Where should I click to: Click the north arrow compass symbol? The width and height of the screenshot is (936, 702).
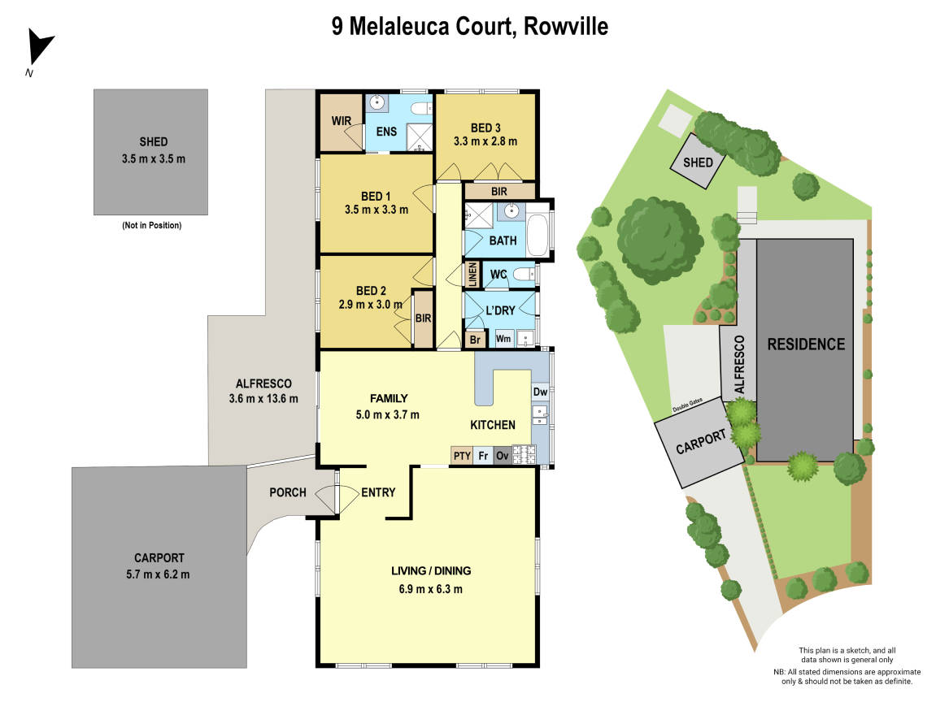pos(39,49)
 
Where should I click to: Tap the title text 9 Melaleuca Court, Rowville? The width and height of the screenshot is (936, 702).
pos(469,27)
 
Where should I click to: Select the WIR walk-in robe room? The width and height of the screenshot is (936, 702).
pos(341,122)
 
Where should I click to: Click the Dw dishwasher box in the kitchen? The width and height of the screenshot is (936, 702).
pos(540,392)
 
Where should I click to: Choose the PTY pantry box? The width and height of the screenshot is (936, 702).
pos(462,456)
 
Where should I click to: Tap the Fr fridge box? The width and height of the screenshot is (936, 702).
pos(483,456)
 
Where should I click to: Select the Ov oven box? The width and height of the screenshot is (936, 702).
pos(503,456)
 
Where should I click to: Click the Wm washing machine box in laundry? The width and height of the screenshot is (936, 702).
pos(503,339)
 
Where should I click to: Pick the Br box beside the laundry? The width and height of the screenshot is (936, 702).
pos(475,340)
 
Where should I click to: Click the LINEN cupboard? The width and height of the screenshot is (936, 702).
pos(472,274)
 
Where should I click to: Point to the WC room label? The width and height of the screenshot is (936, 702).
pos(498,275)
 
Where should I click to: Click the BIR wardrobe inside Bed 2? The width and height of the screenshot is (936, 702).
pos(423,318)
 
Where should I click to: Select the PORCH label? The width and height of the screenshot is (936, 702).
pos(287,492)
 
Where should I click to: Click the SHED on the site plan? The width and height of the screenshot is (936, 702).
pos(698,162)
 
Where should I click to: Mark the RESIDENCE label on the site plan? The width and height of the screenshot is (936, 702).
pos(806,344)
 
